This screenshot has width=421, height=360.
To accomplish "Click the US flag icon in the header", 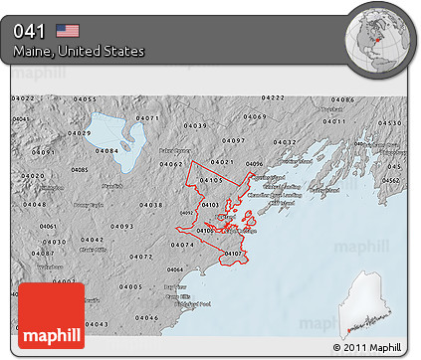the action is point(68,30).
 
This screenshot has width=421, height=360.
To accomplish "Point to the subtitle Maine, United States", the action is point(79,51).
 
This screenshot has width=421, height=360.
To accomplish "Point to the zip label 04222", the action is point(273,97).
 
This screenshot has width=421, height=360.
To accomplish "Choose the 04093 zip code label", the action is point(122,227).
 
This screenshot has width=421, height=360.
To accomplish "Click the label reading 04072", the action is point(141,257).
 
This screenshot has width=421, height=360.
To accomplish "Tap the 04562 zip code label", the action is point(392,180).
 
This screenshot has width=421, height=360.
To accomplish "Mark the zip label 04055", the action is point(86,99).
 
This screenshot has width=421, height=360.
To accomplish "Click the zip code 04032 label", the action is point(286,143).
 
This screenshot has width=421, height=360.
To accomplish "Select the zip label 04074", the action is point(183,244).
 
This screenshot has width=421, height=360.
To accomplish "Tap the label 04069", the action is point(257,116).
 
